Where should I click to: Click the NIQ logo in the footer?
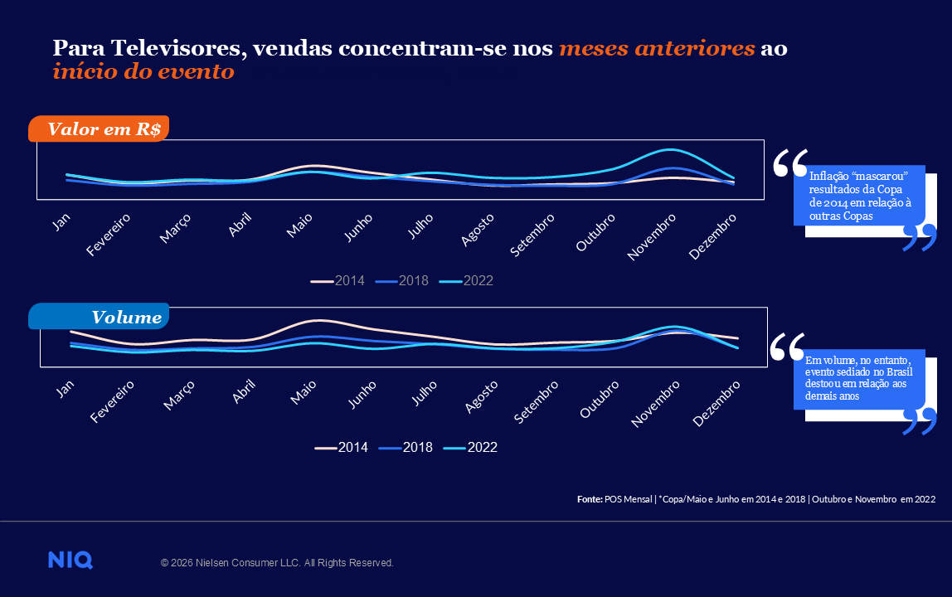[x=70, y=561]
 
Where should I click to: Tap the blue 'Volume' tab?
[x=100, y=317]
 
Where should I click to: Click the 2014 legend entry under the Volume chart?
[x=342, y=448]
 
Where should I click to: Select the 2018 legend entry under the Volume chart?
[x=406, y=448]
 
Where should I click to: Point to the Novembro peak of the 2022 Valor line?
[x=668, y=150]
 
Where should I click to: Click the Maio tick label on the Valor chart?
[x=299, y=224]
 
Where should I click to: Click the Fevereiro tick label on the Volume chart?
[x=111, y=402]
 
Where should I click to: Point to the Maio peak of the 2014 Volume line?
[x=315, y=320]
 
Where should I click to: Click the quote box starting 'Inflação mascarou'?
[x=858, y=196]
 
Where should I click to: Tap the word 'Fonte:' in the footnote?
[x=590, y=499]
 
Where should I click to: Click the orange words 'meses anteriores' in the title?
[x=657, y=48]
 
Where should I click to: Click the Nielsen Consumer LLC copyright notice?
[x=277, y=563]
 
